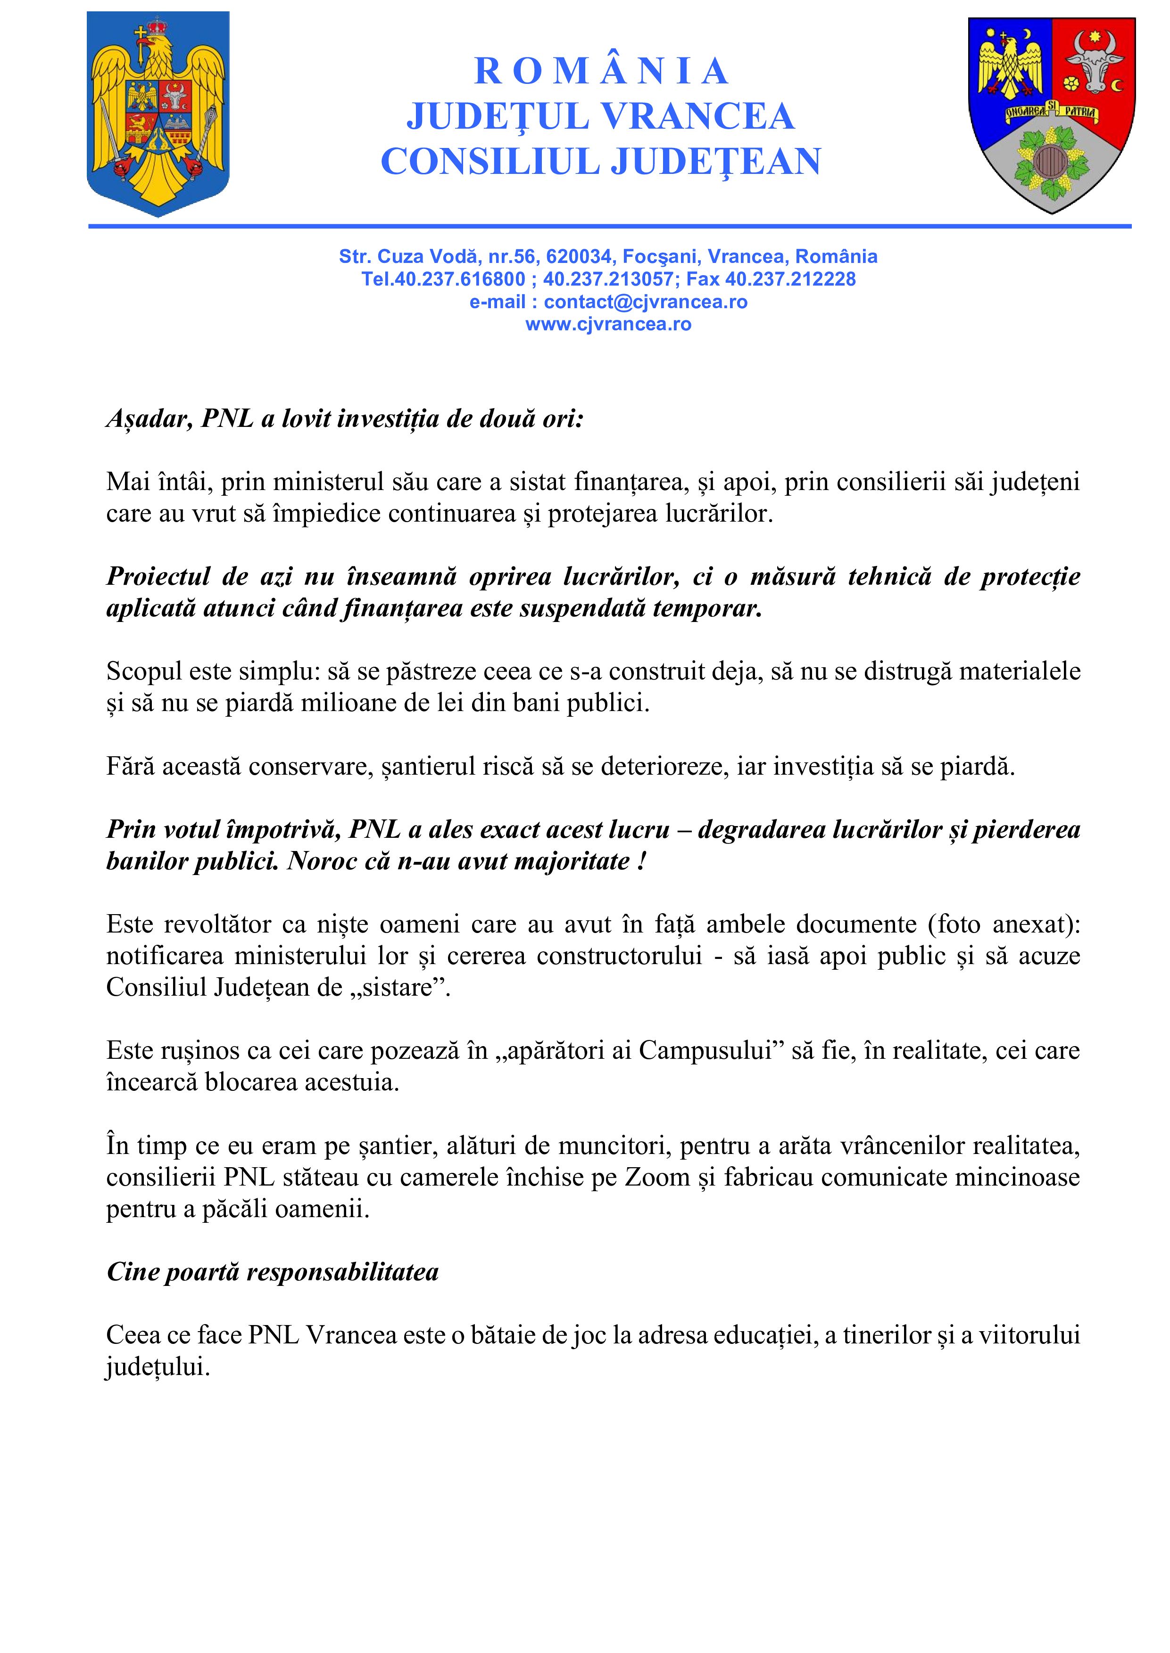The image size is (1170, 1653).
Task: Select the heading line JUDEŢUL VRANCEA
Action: point(601,117)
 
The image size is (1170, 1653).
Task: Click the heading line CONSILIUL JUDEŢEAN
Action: point(601,161)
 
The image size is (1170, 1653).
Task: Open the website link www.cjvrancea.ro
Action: point(608,324)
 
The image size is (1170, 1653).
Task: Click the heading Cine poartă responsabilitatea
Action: point(272,1272)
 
